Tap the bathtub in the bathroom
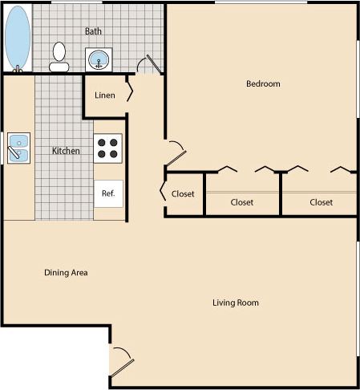pyautogui.click(x=17, y=39)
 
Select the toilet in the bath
pyautogui.click(x=59, y=55)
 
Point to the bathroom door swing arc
pyautogui.click(x=149, y=65)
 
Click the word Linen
pyautogui.click(x=105, y=95)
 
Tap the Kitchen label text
pyautogui.click(x=66, y=151)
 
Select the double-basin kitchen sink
pyautogui.click(x=18, y=148)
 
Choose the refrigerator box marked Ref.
pyautogui.click(x=108, y=193)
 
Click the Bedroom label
pyautogui.click(x=262, y=83)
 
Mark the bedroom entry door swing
pyautogui.click(x=177, y=151)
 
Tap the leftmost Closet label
pyautogui.click(x=184, y=193)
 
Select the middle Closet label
pyautogui.click(x=241, y=202)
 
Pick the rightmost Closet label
pyautogui.click(x=321, y=202)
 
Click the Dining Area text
pyautogui.click(x=66, y=273)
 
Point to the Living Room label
pyautogui.click(x=236, y=303)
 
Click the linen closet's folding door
pyautogui.click(x=129, y=93)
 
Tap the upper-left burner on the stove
pyautogui.click(x=102, y=142)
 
